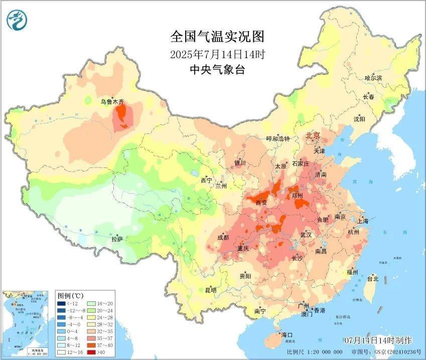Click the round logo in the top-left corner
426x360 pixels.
click(17, 20)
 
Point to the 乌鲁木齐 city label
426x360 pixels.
click(112, 101)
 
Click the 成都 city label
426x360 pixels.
click(223, 237)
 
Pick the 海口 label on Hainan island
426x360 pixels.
click(287, 334)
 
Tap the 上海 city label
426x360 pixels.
click(362, 221)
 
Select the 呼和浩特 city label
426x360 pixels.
click(277, 139)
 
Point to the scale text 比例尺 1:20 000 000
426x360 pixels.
click(315, 352)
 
